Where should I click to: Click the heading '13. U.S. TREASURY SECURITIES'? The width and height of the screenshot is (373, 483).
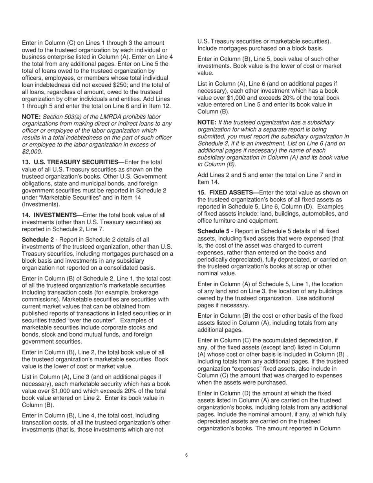click(70, 162)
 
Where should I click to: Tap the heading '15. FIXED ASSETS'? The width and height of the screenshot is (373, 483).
click(228, 192)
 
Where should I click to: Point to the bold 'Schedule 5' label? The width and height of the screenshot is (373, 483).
click(213, 231)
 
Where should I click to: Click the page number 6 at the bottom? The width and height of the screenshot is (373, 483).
click(186, 455)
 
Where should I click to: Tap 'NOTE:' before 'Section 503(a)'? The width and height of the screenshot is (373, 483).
click(31, 117)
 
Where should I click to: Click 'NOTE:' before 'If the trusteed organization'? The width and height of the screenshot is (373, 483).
click(207, 122)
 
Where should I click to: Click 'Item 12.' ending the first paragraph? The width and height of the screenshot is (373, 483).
click(159, 106)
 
